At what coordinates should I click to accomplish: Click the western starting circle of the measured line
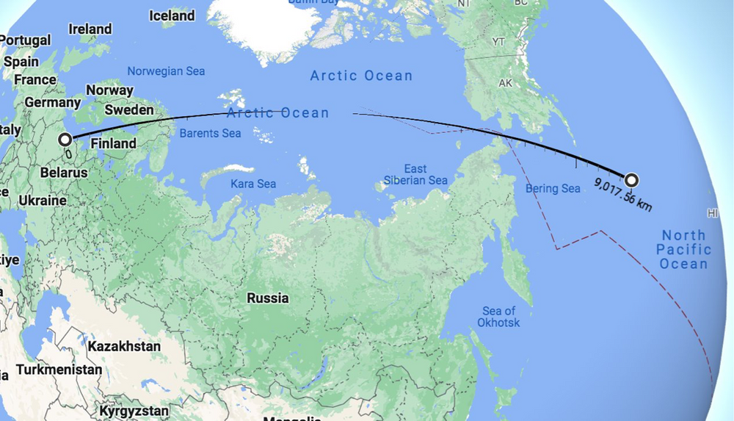point(65,139)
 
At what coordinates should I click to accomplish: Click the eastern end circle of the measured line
point(631,180)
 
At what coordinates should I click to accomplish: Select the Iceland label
point(172,15)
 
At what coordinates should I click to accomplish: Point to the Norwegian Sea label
point(166,71)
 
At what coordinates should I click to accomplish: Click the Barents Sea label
point(211,134)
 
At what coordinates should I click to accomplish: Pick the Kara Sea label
point(253,183)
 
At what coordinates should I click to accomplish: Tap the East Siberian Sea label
point(415,174)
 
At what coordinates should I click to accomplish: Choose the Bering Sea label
point(553,189)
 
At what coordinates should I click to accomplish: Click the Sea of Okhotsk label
point(499,317)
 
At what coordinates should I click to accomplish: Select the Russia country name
point(268,298)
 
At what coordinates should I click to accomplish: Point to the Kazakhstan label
point(124,345)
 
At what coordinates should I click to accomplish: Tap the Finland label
point(113,143)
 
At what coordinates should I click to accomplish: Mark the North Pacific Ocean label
point(683,249)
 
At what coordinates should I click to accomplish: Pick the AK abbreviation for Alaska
point(505,83)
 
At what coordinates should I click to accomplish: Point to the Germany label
point(51,102)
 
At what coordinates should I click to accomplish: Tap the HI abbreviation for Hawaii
point(711,213)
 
